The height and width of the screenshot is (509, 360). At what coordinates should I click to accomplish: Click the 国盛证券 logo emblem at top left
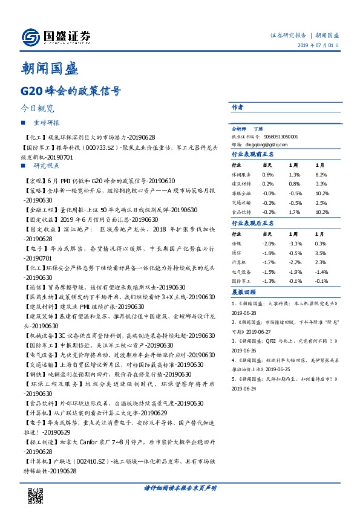tap(30, 37)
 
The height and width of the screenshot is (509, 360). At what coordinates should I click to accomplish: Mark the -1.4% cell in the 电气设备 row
tap(321, 271)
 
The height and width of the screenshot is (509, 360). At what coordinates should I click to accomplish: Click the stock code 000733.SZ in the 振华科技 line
tap(103, 147)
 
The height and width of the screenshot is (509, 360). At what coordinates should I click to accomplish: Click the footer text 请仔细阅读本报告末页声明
tap(180, 487)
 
